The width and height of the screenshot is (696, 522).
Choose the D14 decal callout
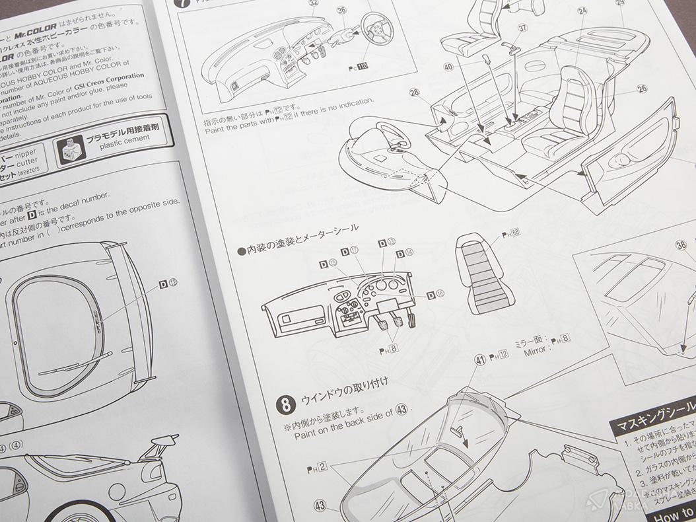coord(405,253)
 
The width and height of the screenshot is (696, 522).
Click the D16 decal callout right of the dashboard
coord(435,295)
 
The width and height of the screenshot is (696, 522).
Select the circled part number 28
coord(415,95)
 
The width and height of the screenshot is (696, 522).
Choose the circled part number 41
coord(480,360)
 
